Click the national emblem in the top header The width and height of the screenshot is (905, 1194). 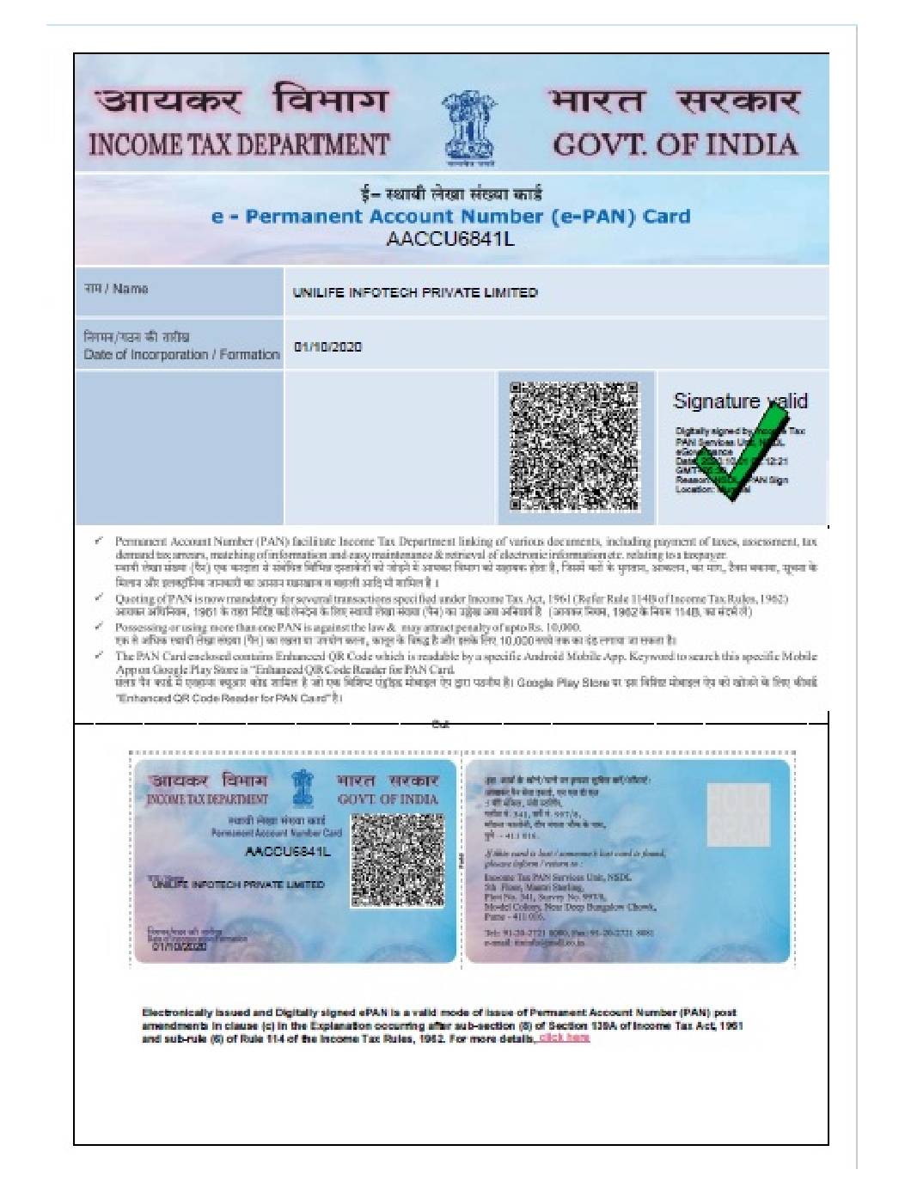(469, 126)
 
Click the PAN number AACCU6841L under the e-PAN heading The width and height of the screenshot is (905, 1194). (450, 239)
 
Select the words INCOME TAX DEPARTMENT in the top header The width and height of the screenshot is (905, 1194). (239, 144)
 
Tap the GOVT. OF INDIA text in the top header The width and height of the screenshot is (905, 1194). (675, 144)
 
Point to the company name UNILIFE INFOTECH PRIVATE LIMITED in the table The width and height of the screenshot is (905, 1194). (415, 293)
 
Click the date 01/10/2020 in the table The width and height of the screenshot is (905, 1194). (327, 347)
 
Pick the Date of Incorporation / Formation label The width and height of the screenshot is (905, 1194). (181, 354)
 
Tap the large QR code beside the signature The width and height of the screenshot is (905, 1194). (575, 445)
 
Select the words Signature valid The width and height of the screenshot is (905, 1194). (740, 401)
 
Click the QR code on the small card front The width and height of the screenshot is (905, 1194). (396, 860)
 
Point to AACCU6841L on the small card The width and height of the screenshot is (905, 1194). (287, 851)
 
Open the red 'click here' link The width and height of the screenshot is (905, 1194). (565, 1038)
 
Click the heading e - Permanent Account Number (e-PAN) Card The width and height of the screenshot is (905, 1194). (450, 217)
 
